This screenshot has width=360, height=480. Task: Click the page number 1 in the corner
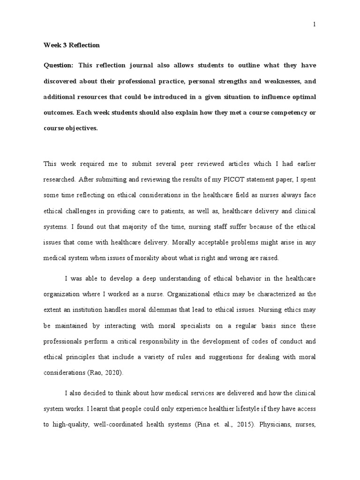pos(315,25)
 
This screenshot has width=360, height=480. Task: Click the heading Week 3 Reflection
pos(72,45)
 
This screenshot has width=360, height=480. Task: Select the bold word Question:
pos(59,65)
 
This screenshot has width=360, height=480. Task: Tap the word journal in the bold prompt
pos(139,65)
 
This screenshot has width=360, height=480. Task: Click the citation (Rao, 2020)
pos(107,374)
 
